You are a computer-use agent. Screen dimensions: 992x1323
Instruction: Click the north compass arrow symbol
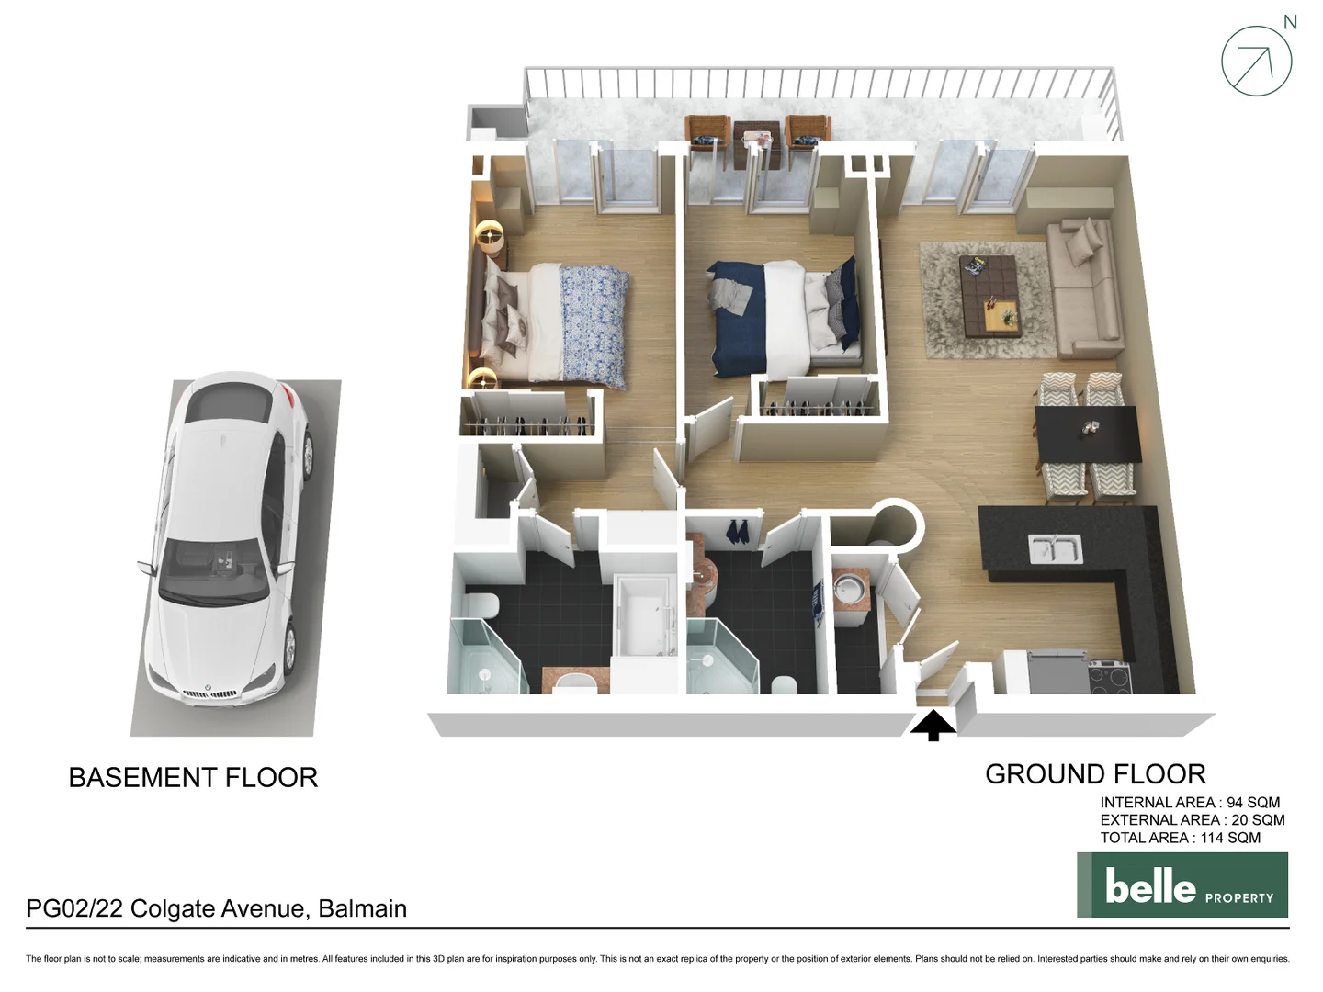coord(1256,60)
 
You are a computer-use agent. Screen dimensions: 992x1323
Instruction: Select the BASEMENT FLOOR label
coord(193,778)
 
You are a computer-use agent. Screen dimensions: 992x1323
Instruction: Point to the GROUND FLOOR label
coord(1095,774)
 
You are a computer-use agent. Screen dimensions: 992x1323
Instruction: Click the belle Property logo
coord(1182,885)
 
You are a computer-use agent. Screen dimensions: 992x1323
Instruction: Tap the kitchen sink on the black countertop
coord(1056,548)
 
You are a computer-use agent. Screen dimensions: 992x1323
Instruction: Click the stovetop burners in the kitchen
coord(1108,677)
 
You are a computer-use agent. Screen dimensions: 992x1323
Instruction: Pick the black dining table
coord(1088,434)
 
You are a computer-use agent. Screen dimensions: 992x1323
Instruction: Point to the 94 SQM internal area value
coord(1253,802)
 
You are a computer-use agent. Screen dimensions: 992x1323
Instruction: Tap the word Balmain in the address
coord(362,908)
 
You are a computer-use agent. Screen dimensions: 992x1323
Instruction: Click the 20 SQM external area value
coord(1258,819)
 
